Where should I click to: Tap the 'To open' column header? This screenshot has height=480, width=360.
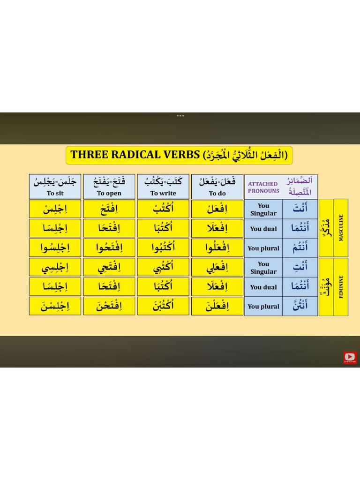[x=109, y=187]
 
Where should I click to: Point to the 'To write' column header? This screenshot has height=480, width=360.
[x=163, y=187]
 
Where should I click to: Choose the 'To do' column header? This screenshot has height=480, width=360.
[x=217, y=187]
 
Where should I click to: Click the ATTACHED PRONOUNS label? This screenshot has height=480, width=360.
[x=263, y=187]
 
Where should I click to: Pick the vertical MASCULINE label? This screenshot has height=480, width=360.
[x=341, y=228]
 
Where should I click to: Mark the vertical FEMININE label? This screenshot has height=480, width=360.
[x=341, y=286]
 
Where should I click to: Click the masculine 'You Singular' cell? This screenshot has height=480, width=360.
[x=263, y=209]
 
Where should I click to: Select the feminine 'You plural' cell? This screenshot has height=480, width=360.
[x=263, y=307]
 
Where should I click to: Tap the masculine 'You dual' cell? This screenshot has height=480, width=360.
[x=263, y=229]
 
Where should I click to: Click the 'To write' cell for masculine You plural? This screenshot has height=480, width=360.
[x=163, y=248]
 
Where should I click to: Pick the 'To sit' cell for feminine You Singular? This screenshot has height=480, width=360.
[x=55, y=267]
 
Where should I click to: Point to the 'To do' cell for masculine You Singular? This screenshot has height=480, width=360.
[x=217, y=209]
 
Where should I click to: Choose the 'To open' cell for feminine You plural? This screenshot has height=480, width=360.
[x=109, y=306]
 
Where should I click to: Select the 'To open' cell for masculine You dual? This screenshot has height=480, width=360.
[x=109, y=228]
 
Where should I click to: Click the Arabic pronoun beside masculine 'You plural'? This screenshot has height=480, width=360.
[x=300, y=248]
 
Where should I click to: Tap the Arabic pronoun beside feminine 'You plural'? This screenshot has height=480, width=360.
[x=300, y=306]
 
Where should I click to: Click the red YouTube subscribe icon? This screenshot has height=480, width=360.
[x=350, y=358]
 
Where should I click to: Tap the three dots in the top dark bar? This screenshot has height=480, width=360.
[x=180, y=116]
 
